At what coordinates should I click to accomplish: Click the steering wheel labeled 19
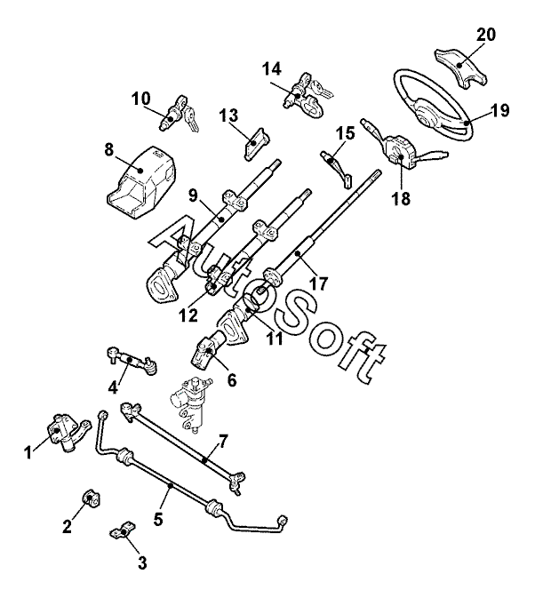[467, 123]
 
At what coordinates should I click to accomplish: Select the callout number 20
[485, 35]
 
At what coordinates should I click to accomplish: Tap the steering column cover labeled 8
[140, 182]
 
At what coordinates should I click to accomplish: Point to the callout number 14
[272, 69]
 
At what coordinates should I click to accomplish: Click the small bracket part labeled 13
[255, 144]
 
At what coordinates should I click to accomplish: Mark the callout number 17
[319, 283]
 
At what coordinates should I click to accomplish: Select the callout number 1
[28, 453]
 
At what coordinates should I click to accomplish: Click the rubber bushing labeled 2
[91, 499]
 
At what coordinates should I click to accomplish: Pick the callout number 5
[158, 519]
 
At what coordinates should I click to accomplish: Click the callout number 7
[223, 442]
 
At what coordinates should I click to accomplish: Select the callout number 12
[188, 315]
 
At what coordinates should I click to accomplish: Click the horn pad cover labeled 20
[460, 69]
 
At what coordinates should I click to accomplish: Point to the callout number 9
[193, 195]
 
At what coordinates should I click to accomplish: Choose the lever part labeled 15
[336, 167]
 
